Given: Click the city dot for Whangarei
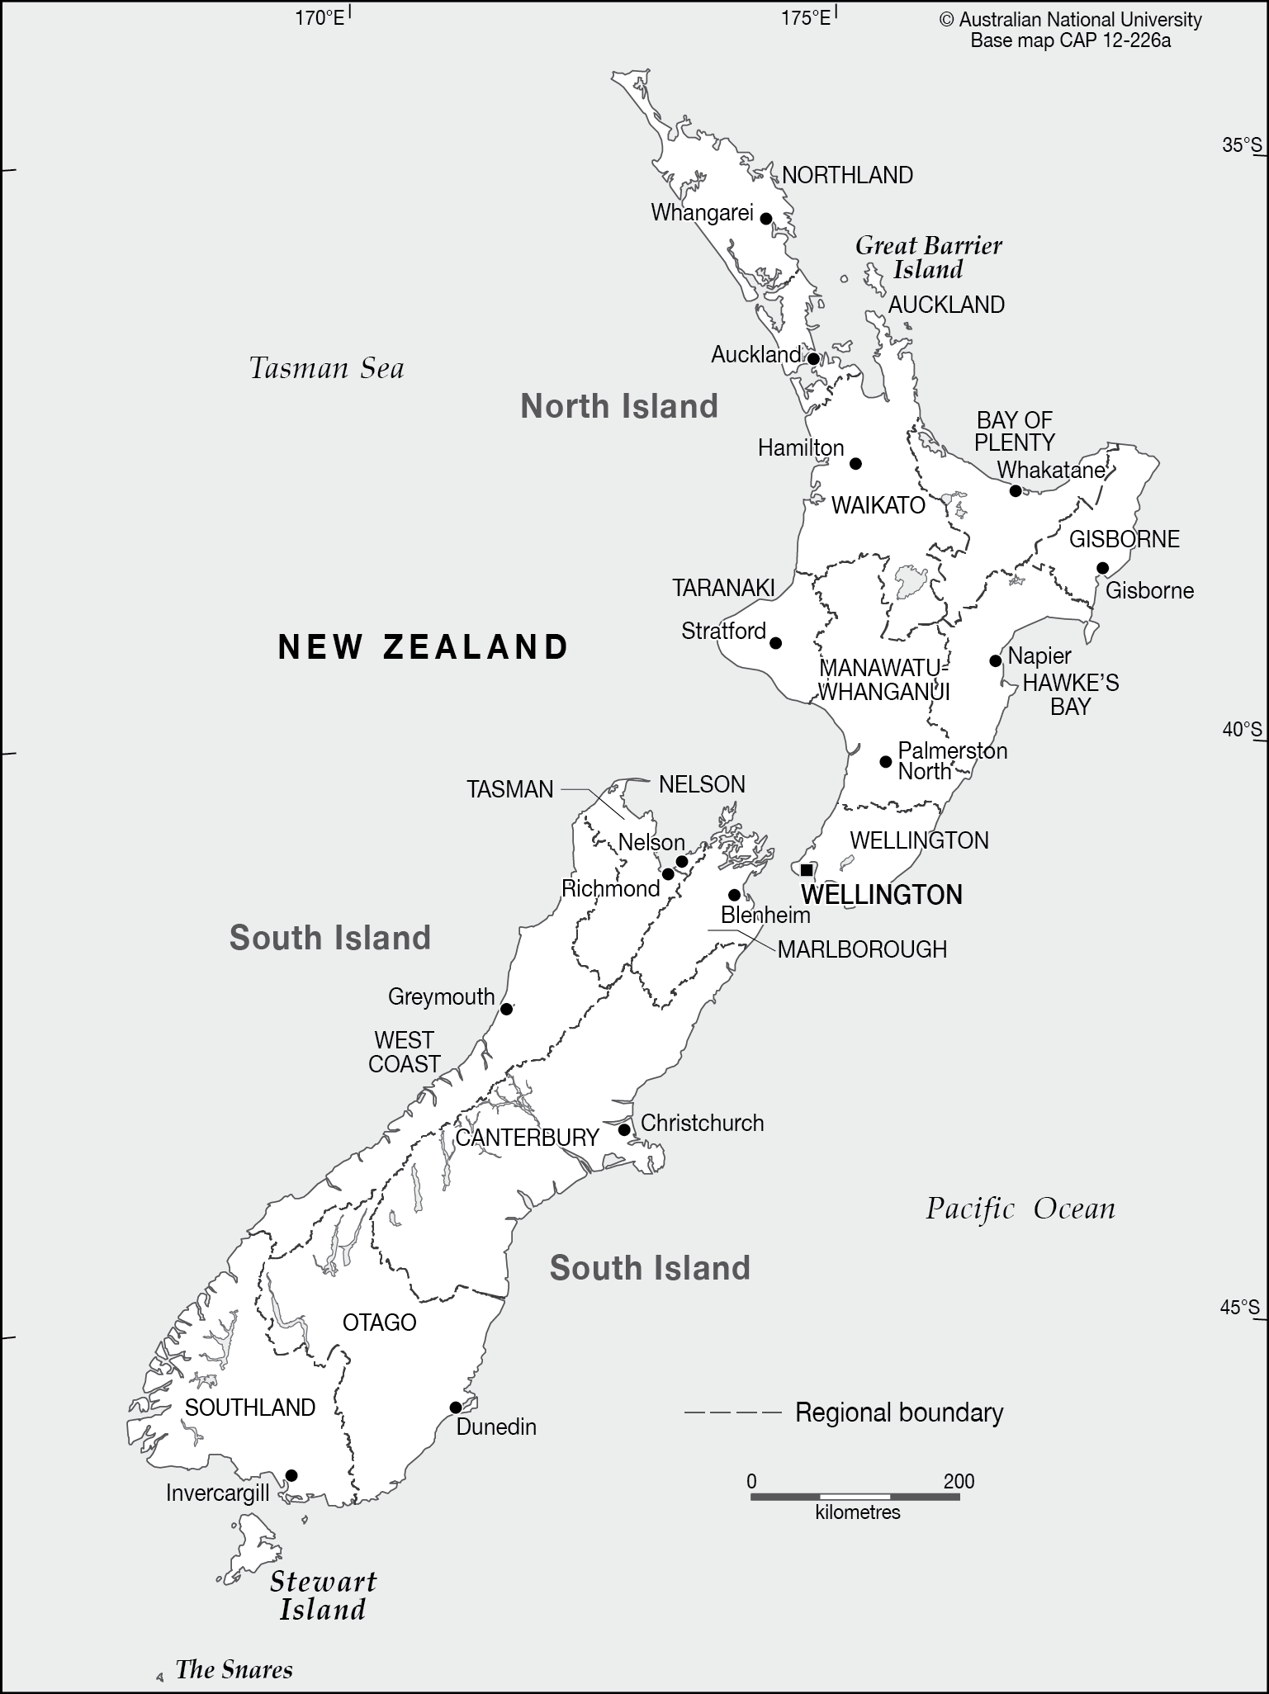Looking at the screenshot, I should [x=765, y=219].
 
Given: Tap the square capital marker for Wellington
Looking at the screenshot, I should [x=807, y=870].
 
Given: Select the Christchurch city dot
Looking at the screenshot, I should [x=625, y=1129].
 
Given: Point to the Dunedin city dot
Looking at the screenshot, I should [x=455, y=1408].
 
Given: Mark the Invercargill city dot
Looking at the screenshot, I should [x=291, y=1475].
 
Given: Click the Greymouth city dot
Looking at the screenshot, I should [x=507, y=1009].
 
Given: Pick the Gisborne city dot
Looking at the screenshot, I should [x=1102, y=568].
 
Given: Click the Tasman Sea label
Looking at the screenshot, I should [x=327, y=368].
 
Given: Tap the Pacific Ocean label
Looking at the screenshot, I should [x=1020, y=1209].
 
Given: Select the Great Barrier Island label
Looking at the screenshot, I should [x=929, y=258].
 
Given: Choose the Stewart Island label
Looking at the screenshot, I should [x=323, y=1596].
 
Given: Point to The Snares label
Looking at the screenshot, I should [x=234, y=1670].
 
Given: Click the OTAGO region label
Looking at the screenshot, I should [x=379, y=1323].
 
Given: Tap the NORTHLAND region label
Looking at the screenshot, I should [x=847, y=175].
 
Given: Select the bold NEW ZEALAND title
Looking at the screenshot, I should [x=424, y=646].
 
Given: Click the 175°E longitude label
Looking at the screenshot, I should [x=806, y=17].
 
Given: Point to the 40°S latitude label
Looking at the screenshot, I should [x=1242, y=730].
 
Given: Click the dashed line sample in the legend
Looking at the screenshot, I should [x=732, y=1412].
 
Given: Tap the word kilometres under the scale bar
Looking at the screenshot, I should [x=857, y=1512].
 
